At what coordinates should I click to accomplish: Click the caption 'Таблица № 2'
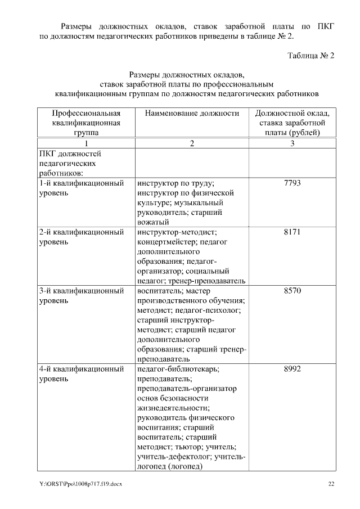pyautogui.click(x=311, y=56)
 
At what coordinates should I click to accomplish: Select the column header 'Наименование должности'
pyautogui.click(x=192, y=113)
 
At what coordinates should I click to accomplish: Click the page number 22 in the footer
pyautogui.click(x=331, y=484)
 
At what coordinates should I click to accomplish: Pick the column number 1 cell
pyautogui.click(x=87, y=143)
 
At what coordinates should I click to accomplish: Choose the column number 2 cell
pyautogui.click(x=192, y=143)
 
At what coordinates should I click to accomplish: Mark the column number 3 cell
pyautogui.click(x=292, y=143)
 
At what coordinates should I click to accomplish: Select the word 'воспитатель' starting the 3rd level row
pyautogui.click(x=159, y=291)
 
